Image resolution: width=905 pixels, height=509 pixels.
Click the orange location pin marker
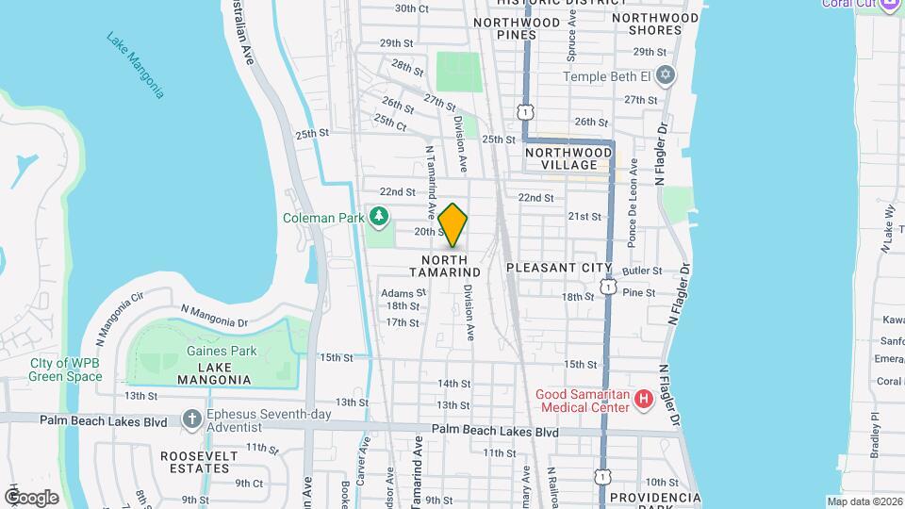[453, 224]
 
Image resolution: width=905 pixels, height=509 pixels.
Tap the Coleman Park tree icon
[379, 218]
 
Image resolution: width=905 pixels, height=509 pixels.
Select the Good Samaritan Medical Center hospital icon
[644, 400]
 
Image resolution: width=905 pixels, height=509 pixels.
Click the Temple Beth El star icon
[666, 74]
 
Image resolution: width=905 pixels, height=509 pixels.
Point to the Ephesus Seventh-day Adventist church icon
[191, 417]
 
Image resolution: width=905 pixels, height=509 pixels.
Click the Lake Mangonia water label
[136, 65]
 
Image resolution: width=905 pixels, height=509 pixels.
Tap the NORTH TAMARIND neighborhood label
[451, 266]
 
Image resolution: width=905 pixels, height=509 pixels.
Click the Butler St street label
[643, 271]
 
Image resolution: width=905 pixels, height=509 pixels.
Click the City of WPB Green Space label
[66, 369]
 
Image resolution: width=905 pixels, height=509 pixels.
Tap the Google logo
[31, 497]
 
